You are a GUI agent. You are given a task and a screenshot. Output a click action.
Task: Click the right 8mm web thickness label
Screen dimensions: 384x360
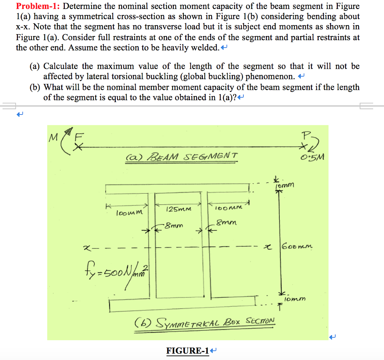pos(226,223)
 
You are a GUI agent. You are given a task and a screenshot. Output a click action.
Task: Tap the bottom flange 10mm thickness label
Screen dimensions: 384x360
pos(295,299)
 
